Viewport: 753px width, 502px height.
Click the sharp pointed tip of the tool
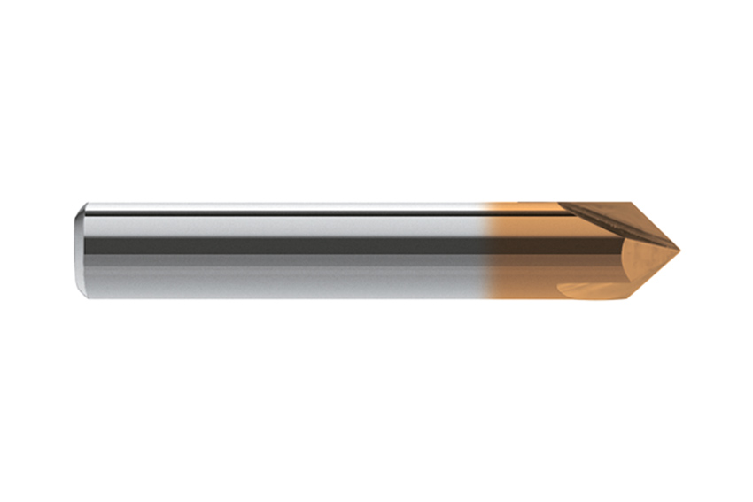tap(679, 249)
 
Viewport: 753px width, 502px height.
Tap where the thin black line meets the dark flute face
tap(560, 213)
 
